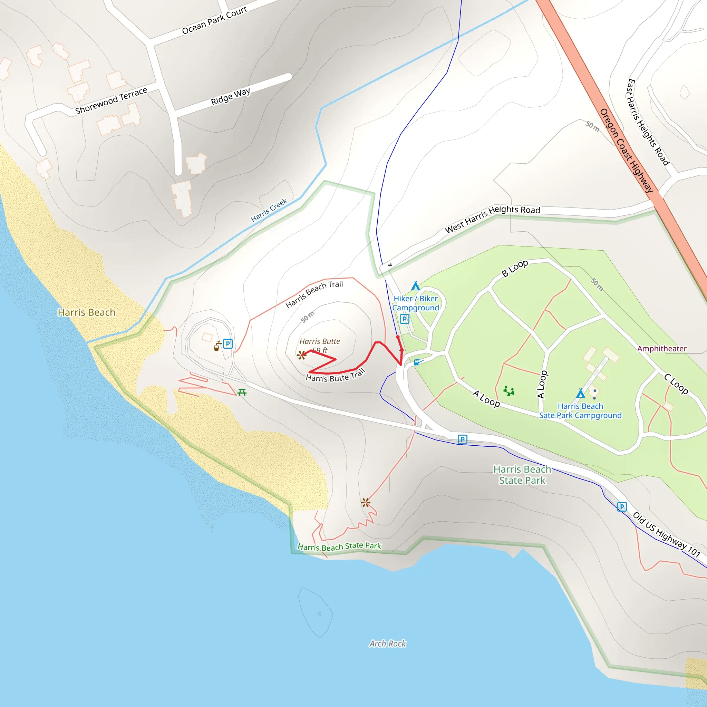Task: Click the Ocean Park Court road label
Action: pos(214,20)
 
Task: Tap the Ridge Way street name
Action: pos(231,96)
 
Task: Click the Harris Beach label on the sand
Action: pos(86,312)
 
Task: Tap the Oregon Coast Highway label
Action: pos(627,151)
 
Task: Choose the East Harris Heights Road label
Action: pos(648,122)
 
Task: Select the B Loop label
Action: pos(514,268)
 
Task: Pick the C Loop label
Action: pos(676,384)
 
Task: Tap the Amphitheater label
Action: pos(662,348)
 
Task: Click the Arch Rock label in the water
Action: pos(388,643)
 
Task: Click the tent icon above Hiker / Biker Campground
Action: pos(415,285)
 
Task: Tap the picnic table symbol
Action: pos(242,393)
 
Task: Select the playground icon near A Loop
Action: pos(509,391)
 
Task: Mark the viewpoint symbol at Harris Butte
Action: pos(301,355)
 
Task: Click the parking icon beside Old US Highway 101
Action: pos(622,507)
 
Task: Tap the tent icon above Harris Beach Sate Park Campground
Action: pos(580,394)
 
